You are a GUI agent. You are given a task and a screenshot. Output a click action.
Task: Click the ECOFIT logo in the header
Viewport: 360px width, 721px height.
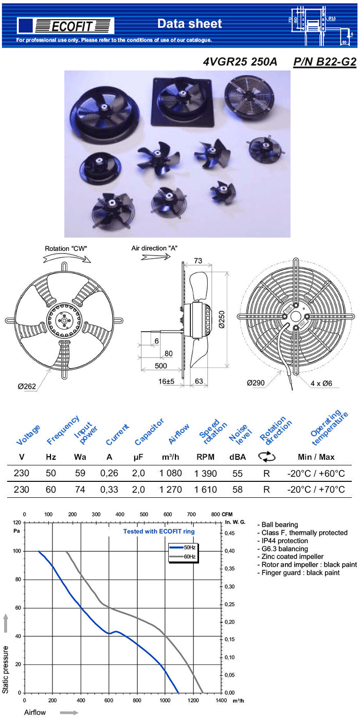(65, 25)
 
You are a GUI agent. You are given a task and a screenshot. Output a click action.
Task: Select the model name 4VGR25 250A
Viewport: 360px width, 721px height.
(240, 62)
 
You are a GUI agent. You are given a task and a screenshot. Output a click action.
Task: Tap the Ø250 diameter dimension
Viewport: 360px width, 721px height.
(222, 320)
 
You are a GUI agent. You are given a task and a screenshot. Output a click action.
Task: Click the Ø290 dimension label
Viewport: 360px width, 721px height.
(256, 383)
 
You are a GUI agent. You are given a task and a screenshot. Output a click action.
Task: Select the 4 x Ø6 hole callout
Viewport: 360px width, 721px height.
(322, 383)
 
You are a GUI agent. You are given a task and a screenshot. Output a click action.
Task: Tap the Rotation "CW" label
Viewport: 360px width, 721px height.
(66, 249)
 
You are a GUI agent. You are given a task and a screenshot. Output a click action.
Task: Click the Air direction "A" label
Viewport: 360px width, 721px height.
(155, 248)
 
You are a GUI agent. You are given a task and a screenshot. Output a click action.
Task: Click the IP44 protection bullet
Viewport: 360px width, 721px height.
(284, 541)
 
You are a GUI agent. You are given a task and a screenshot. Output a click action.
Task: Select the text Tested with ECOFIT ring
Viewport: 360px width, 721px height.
(159, 531)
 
